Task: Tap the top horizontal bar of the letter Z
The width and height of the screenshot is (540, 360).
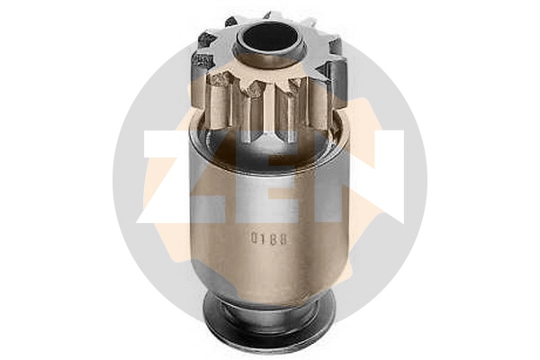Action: pos(171,140)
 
